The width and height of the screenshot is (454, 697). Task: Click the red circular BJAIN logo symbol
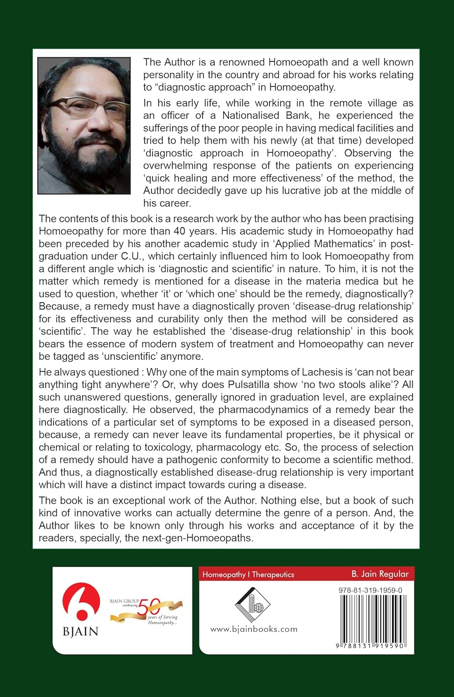click(81, 602)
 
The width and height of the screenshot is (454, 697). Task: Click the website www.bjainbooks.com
click(253, 629)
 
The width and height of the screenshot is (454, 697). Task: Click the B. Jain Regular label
click(380, 574)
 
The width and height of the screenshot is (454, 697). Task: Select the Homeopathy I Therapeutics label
click(248, 574)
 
